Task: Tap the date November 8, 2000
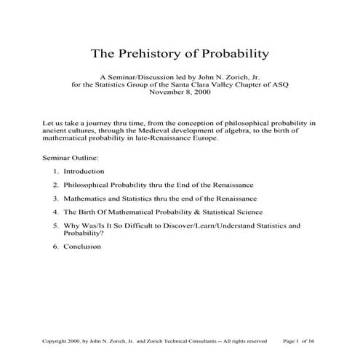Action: tap(180, 93)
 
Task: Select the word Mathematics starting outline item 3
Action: tap(87, 199)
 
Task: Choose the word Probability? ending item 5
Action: tap(83, 234)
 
